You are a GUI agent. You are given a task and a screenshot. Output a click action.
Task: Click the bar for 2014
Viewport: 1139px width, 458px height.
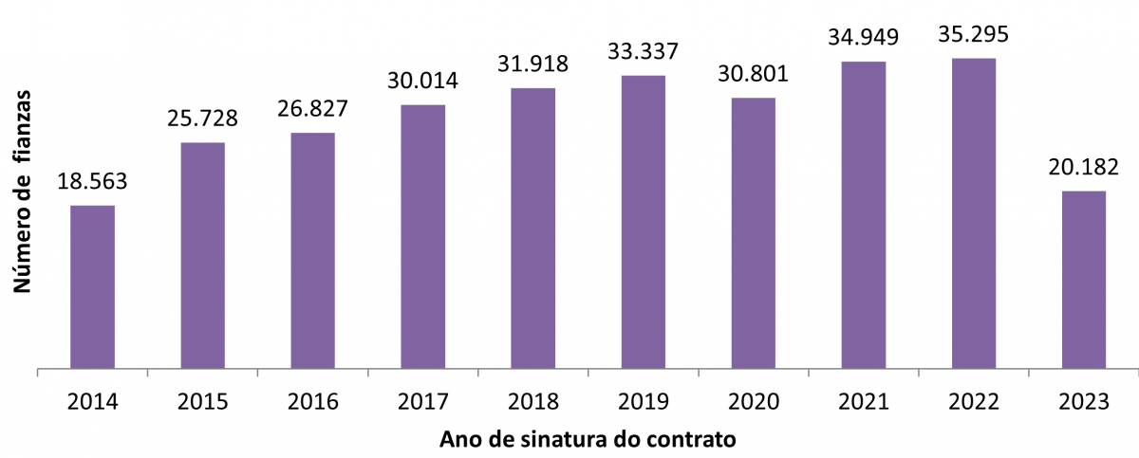pos(93,286)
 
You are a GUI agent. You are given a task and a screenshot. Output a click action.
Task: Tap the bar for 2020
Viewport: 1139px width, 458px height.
pos(754,232)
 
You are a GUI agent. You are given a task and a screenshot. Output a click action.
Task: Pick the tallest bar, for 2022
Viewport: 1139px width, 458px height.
pos(974,212)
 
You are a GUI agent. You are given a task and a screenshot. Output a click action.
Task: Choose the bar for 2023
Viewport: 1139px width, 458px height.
pos(1084,279)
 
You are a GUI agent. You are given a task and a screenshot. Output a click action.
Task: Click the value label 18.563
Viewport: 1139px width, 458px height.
pos(92,182)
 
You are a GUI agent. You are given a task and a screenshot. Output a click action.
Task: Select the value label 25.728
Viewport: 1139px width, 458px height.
pos(202,119)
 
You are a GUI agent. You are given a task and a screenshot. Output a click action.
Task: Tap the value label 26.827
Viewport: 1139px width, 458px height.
pos(312,109)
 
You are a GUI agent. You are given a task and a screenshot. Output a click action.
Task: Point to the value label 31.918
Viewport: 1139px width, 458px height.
pos(532,64)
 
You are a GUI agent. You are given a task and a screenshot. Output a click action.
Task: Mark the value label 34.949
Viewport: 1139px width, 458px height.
pos(863,39)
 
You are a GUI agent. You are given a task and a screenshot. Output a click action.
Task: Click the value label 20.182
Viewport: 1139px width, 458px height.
pos(1083,168)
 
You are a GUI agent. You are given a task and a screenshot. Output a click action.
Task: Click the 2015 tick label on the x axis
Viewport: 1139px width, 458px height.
pos(202,401)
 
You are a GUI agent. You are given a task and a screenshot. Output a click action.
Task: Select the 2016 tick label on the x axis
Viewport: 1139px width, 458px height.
pos(312,401)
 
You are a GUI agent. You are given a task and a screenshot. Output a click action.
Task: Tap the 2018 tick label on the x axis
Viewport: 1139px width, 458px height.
pos(532,401)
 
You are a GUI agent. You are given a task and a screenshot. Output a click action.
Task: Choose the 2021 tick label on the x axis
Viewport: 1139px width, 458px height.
pos(863,401)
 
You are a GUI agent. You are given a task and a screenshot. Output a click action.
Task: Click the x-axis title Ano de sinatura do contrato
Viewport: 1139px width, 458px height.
pos(588,440)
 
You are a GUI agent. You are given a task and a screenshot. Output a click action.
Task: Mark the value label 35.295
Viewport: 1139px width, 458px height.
pos(973,35)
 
